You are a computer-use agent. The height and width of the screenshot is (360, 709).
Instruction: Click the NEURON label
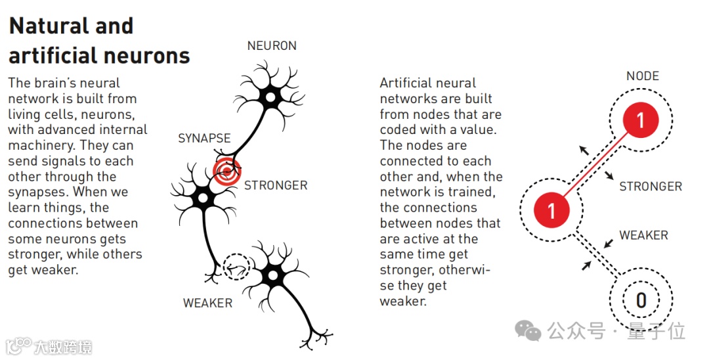point(272,46)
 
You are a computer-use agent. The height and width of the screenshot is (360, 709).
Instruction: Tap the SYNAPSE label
point(204,139)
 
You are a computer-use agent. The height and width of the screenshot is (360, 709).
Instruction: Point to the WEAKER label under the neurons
point(207,303)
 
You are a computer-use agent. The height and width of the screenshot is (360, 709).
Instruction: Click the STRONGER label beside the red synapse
point(276,185)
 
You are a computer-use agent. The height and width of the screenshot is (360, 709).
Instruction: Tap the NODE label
point(642,76)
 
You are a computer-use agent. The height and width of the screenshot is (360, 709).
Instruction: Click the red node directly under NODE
point(641,120)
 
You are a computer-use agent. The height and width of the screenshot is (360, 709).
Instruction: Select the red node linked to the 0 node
point(551,210)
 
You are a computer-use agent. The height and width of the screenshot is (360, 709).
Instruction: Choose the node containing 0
point(641,300)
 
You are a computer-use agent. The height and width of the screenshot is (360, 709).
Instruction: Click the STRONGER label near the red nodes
point(650,187)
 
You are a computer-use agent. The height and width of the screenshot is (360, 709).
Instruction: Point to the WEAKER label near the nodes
point(643,235)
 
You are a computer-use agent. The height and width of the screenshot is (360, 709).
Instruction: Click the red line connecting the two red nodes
point(596,165)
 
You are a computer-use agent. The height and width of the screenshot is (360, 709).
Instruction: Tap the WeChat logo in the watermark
point(528,330)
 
